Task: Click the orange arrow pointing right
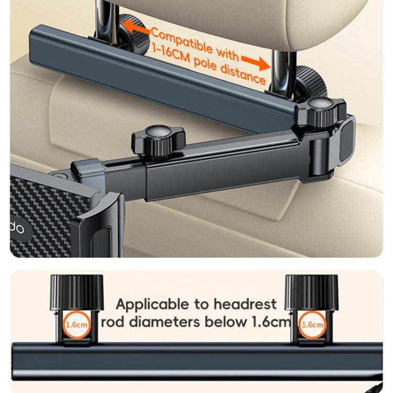(x=258, y=62)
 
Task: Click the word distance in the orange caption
(x=244, y=77)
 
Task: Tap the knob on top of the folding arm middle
(x=149, y=139)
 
